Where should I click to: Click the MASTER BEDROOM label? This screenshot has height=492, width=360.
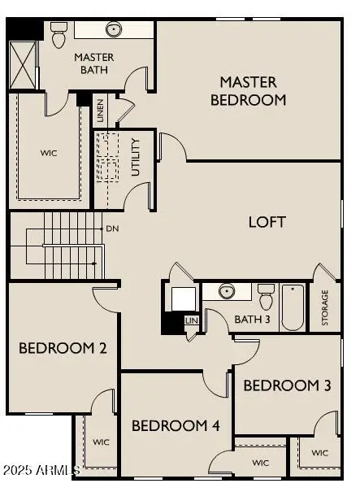(x=248, y=91)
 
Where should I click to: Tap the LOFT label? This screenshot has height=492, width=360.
(x=267, y=221)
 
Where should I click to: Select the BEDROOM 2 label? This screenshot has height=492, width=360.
(x=63, y=349)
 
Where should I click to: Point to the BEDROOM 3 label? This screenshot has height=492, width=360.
(x=287, y=385)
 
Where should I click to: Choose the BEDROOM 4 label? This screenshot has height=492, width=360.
(x=176, y=425)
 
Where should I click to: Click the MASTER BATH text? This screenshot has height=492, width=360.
(x=93, y=63)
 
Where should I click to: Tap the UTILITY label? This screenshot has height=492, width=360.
(x=136, y=157)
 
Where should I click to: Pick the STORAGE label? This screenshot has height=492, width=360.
(x=325, y=308)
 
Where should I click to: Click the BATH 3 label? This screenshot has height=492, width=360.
(x=252, y=318)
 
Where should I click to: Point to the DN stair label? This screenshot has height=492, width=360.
(x=112, y=229)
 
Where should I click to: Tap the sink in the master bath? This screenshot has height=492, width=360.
(x=113, y=30)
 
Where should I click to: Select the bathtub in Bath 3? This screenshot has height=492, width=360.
(x=293, y=307)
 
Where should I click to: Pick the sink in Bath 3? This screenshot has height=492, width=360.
(x=227, y=292)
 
